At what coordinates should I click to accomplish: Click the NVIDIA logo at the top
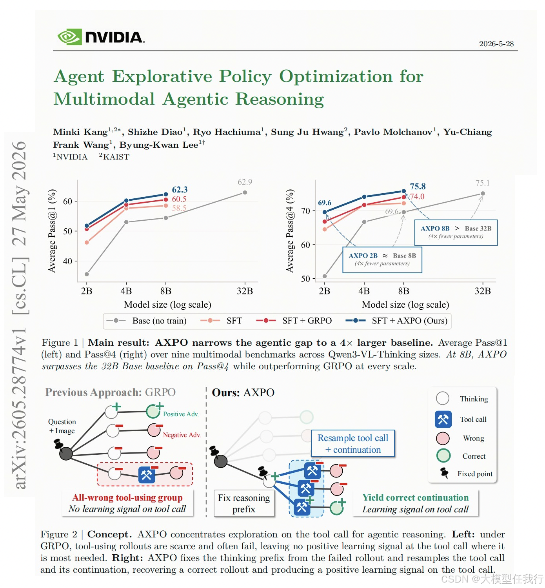pos(101,37)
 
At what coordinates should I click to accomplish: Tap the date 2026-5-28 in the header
pos(496,44)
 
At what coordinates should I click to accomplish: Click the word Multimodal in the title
pos(104,99)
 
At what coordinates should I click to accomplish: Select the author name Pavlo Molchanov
pos(393,132)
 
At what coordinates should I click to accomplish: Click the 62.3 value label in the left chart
pos(180,189)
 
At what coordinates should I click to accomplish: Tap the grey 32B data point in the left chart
pos(245,192)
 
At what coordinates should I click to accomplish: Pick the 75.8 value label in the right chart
pos(418,186)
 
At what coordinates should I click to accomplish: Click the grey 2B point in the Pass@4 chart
pos(325,276)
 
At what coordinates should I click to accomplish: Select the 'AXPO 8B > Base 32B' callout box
pos(456,233)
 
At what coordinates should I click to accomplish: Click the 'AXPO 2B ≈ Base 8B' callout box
pos(382,260)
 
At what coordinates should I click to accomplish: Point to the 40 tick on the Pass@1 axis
pos(67,261)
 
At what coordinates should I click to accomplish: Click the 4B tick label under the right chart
pos(364,291)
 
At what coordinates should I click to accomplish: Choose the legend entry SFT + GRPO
pos(294,321)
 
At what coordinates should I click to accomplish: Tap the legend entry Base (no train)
pos(146,321)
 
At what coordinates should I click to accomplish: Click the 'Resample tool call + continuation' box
pos(353,443)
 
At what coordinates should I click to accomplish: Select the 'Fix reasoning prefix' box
pos(244,503)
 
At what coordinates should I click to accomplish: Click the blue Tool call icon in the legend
pos(443,419)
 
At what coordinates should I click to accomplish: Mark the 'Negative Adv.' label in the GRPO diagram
pos(182,435)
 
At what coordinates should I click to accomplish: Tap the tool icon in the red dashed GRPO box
pos(147,475)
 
